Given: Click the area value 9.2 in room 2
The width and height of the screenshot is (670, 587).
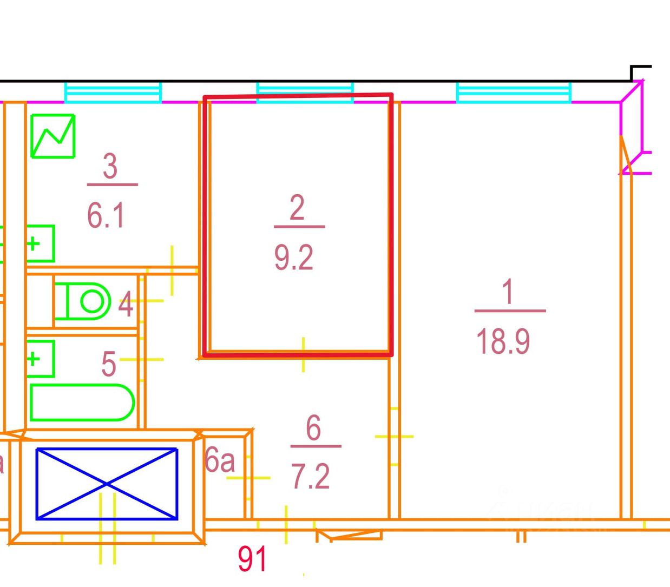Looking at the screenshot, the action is (x=294, y=258).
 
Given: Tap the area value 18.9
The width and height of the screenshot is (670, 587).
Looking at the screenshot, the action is (x=503, y=341).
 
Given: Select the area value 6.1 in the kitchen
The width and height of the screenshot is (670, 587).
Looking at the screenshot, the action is (x=106, y=216).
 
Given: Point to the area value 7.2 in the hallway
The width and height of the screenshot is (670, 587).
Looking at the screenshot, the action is (x=310, y=477).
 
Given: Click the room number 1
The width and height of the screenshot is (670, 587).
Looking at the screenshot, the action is (x=508, y=291).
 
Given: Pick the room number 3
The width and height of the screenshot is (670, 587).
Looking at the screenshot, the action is (x=110, y=166).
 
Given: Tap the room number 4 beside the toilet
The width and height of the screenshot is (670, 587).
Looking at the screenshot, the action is (x=126, y=304).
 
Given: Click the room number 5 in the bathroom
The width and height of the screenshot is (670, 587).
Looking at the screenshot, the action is (x=109, y=364).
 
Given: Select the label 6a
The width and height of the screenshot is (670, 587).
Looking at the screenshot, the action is (x=220, y=460).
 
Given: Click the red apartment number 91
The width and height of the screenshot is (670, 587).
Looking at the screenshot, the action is (x=252, y=559).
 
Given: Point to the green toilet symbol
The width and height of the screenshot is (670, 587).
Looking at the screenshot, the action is (x=82, y=301).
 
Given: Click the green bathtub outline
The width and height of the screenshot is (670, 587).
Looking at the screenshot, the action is (x=82, y=403).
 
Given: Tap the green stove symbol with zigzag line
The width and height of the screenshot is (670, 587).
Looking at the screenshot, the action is (x=53, y=136).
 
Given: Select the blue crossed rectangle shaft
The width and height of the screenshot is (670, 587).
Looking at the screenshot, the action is (x=107, y=484).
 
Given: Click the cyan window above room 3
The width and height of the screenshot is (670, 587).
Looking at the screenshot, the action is (x=113, y=93).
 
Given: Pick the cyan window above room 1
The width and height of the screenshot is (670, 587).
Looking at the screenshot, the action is (x=514, y=93).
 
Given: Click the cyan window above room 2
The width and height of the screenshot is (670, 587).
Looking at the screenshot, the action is (x=305, y=93).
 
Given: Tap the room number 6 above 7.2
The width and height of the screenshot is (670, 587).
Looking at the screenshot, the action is (x=313, y=427).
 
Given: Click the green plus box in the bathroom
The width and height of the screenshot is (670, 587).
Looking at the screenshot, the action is (x=41, y=359).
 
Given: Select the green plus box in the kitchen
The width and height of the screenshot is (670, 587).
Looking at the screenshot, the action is (x=41, y=244).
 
